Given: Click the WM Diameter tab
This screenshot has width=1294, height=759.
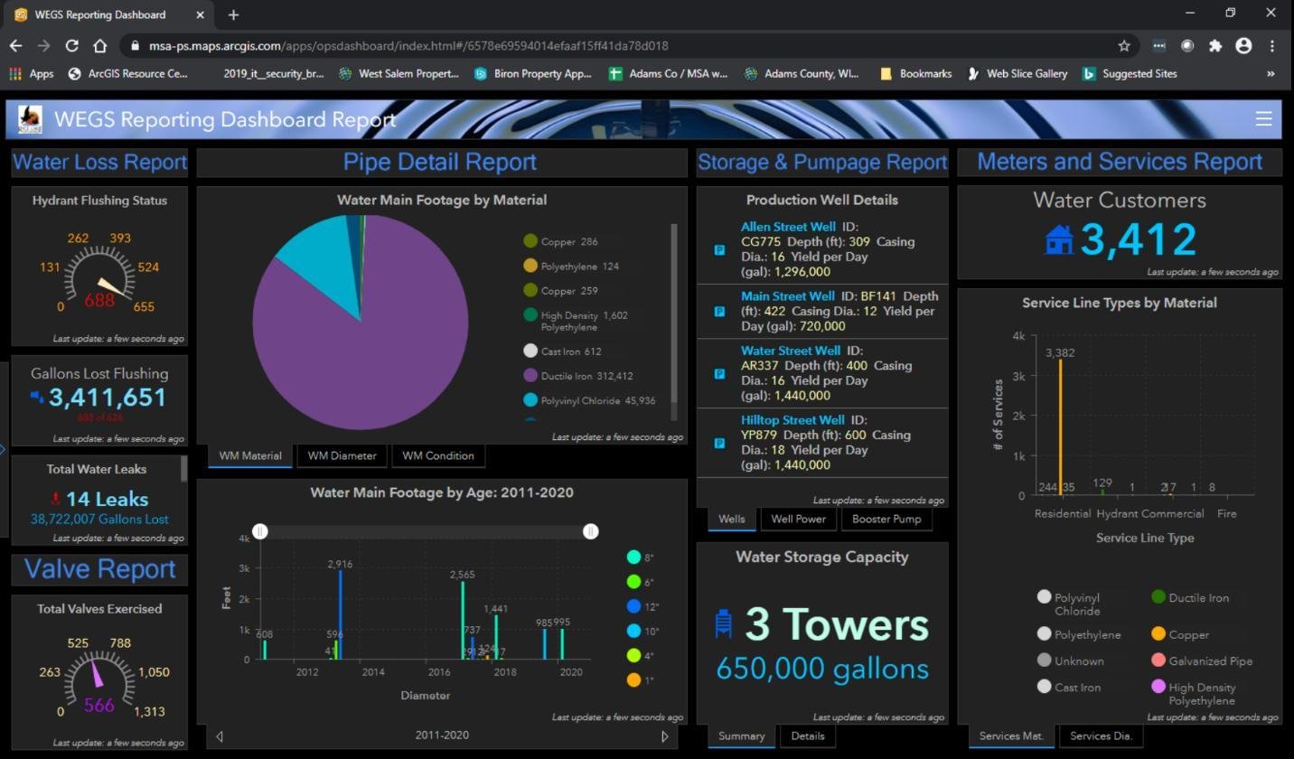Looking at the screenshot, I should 342,455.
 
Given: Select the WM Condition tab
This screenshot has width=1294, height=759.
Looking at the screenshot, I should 438,455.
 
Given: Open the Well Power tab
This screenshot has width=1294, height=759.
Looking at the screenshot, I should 799,519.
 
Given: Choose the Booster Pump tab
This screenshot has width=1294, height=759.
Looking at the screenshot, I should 886,519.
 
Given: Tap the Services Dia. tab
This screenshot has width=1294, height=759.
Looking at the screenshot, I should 1101,736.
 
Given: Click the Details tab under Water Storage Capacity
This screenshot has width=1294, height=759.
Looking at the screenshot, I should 807,736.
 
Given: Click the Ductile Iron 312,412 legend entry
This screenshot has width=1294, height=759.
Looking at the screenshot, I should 586,376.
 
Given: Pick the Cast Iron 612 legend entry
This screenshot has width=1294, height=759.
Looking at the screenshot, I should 570,351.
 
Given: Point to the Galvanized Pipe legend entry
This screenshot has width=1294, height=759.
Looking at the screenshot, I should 1210,661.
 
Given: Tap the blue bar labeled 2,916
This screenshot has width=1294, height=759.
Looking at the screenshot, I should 340,614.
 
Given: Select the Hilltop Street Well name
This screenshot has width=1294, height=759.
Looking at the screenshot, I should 792,420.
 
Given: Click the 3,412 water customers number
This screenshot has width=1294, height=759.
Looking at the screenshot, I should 1139,239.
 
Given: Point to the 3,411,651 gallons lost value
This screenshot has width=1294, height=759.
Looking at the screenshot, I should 108,398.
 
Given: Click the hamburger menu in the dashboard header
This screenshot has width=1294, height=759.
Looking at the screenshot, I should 1263,118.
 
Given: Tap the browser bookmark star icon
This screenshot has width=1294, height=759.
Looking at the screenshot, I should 1124,45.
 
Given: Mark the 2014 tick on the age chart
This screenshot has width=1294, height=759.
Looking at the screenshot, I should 373,672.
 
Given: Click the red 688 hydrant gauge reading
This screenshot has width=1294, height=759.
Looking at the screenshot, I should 99,300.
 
